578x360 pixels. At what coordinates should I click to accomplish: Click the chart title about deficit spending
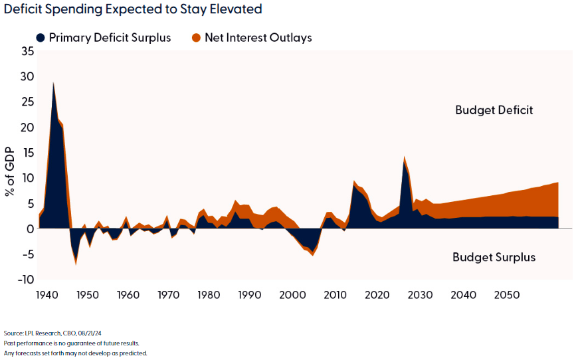coord(133,9)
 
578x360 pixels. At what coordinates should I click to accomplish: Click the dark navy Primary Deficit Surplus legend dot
coord(41,38)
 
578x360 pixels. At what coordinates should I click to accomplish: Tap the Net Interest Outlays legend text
coord(258,38)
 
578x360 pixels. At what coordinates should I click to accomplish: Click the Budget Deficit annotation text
coord(494,110)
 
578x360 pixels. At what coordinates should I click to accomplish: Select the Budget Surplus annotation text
coord(494,257)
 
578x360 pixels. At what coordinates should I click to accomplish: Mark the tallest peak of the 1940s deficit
coord(53,83)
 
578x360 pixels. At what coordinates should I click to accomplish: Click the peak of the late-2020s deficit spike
coord(404,157)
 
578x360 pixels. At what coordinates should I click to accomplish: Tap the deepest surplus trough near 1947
coord(76,264)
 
